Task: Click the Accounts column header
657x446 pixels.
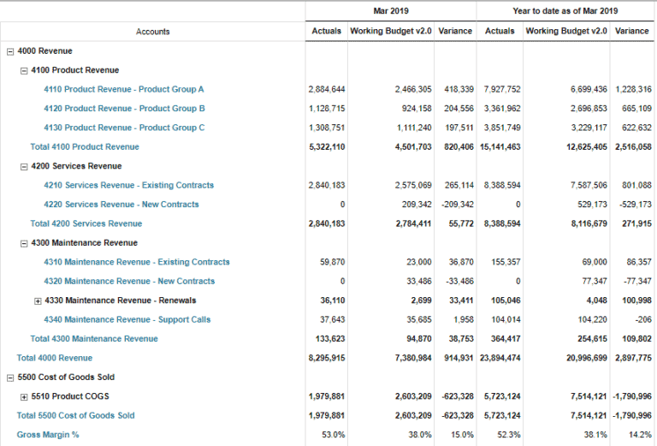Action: tap(152, 32)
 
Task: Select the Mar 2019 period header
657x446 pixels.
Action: tap(391, 11)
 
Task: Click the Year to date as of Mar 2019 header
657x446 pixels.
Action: tap(565, 11)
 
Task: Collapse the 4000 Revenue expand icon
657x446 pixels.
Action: tap(9, 51)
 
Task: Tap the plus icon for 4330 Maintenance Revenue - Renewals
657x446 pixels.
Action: tap(38, 300)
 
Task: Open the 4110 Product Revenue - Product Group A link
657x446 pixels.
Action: tap(124, 89)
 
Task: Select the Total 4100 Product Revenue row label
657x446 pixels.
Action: tap(85, 146)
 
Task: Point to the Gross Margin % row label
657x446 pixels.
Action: tap(48, 435)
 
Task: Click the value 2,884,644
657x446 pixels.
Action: tap(327, 89)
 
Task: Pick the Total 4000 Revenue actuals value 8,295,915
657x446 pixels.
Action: tap(327, 358)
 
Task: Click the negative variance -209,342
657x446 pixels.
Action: tap(455, 205)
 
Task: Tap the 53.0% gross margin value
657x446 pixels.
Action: tap(334, 435)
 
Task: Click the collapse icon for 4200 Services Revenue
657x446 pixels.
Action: tap(24, 166)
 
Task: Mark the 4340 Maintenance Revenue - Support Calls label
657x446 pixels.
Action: tap(127, 319)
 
